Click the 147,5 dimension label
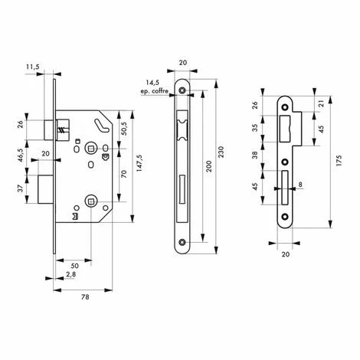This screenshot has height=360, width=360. point(139,163)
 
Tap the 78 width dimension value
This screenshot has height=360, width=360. point(85,297)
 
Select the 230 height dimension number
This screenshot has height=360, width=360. point(221,152)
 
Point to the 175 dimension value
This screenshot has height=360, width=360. point(339,161)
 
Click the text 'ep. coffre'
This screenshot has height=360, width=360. point(155,91)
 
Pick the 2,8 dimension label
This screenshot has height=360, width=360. point(70,274)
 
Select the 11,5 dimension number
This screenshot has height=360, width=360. point(33,67)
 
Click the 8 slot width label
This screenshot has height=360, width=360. point(300,184)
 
